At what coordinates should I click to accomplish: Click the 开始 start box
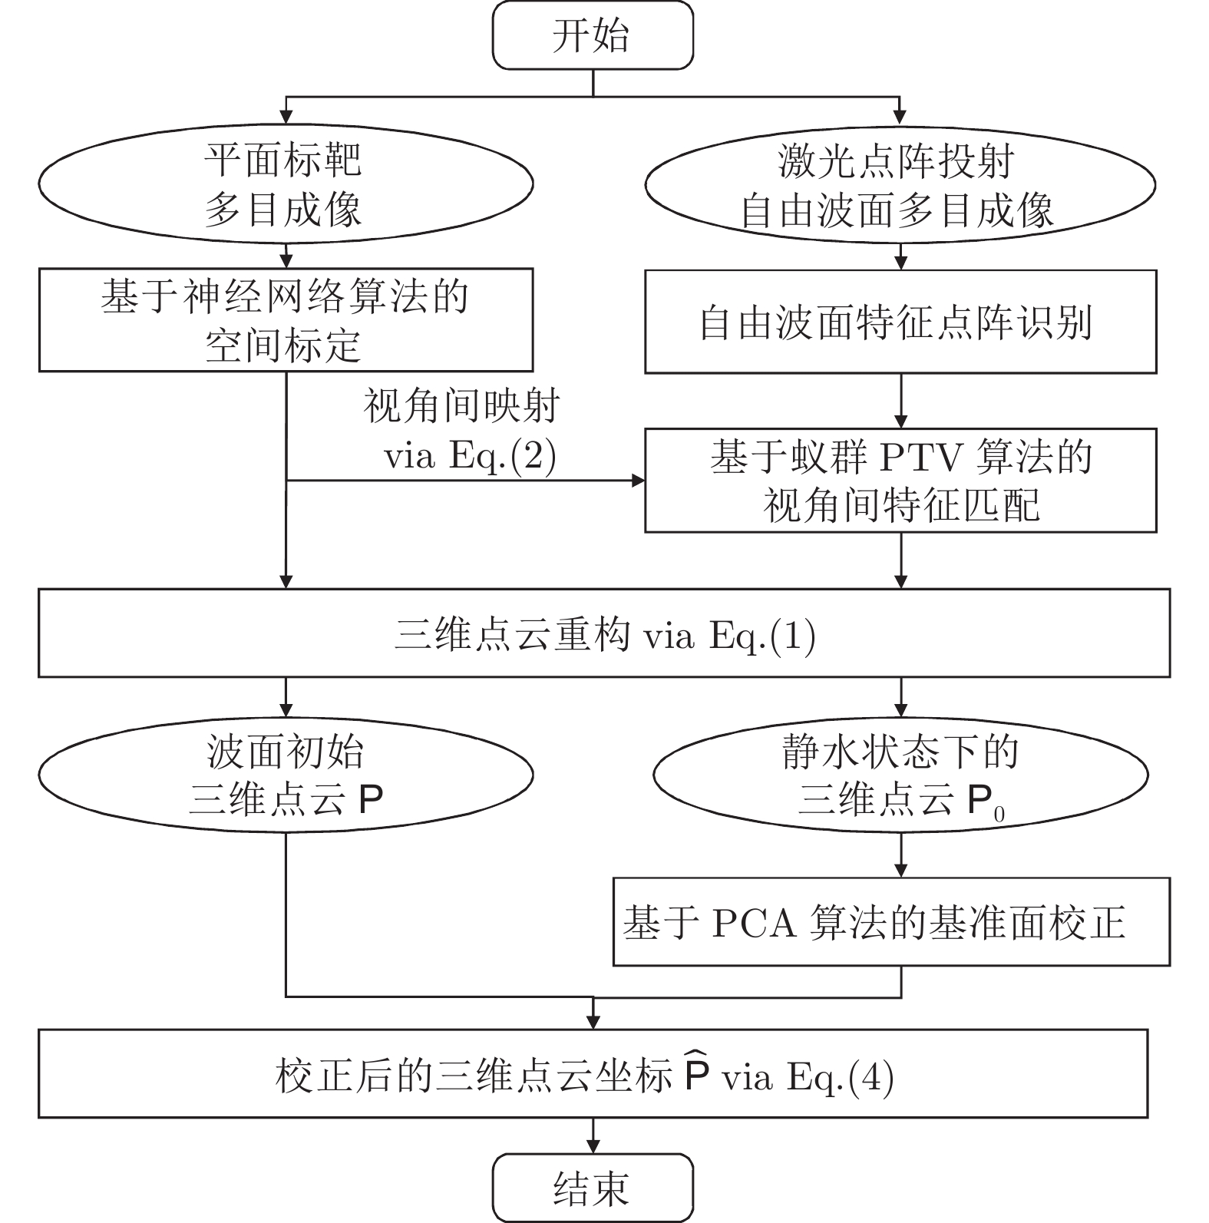pyautogui.click(x=592, y=35)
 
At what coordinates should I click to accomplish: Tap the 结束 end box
pyautogui.click(x=592, y=1187)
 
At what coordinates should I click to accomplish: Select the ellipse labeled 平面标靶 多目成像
pyautogui.click(x=286, y=185)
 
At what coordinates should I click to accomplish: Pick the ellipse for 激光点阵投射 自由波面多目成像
pyautogui.click(x=900, y=185)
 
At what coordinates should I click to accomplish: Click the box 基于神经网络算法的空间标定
pyautogui.click(x=286, y=319)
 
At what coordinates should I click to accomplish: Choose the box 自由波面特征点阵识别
pyautogui.click(x=900, y=322)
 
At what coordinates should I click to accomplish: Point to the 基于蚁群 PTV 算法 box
pyautogui.click(x=900, y=480)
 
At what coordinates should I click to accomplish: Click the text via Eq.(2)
pyautogui.click(x=470, y=456)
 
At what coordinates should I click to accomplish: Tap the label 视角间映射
pyautogui.click(x=461, y=406)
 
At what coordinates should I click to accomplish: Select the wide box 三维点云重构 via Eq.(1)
pyautogui.click(x=604, y=633)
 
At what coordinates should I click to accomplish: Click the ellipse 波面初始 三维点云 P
pyautogui.click(x=286, y=775)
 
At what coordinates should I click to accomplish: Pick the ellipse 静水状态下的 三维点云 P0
pyautogui.click(x=900, y=775)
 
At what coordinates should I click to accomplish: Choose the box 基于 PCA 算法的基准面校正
pyautogui.click(x=890, y=921)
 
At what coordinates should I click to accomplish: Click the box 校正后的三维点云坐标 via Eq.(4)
pyautogui.click(x=592, y=1073)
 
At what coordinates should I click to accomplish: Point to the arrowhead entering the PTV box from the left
pyautogui.click(x=638, y=481)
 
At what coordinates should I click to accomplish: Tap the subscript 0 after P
pyautogui.click(x=999, y=815)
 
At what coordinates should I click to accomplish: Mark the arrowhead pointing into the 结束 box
pyautogui.click(x=593, y=1146)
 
